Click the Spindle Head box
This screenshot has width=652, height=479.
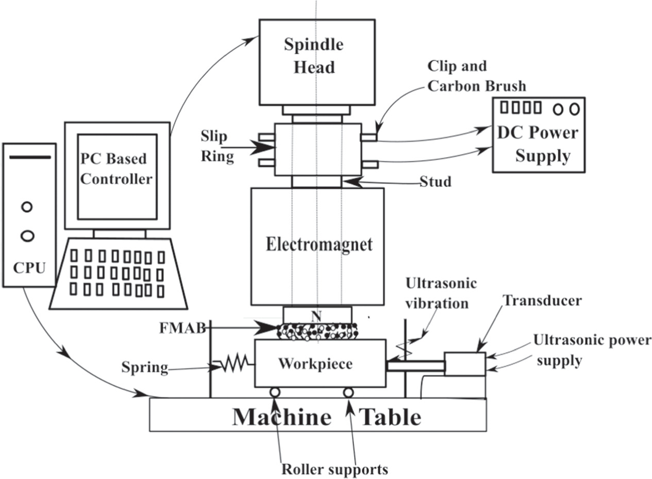[x=316, y=62]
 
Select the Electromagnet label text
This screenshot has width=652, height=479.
[x=319, y=244]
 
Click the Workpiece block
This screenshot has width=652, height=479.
[x=320, y=363]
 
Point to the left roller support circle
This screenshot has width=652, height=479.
[x=275, y=392]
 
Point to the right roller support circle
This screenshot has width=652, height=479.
[x=348, y=392]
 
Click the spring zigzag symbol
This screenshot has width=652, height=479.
[x=234, y=365]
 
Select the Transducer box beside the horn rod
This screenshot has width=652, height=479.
[x=464, y=364]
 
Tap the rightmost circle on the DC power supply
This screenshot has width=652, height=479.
[x=575, y=109]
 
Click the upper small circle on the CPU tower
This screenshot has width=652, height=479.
[x=27, y=207]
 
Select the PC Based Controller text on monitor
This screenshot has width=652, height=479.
[x=116, y=168]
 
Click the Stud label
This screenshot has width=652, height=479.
[x=435, y=181]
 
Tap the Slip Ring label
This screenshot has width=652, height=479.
[x=217, y=146]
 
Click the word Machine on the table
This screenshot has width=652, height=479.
[x=281, y=416]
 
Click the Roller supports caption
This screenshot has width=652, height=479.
[x=334, y=469]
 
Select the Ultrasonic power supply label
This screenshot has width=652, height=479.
[x=592, y=350]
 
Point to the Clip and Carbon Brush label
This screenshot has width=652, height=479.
[x=476, y=76]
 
